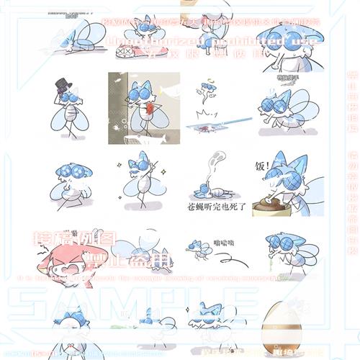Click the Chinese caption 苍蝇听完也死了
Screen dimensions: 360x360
pyautogui.click(x=218, y=205)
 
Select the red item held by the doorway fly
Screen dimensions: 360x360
pyautogui.click(x=150, y=109)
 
